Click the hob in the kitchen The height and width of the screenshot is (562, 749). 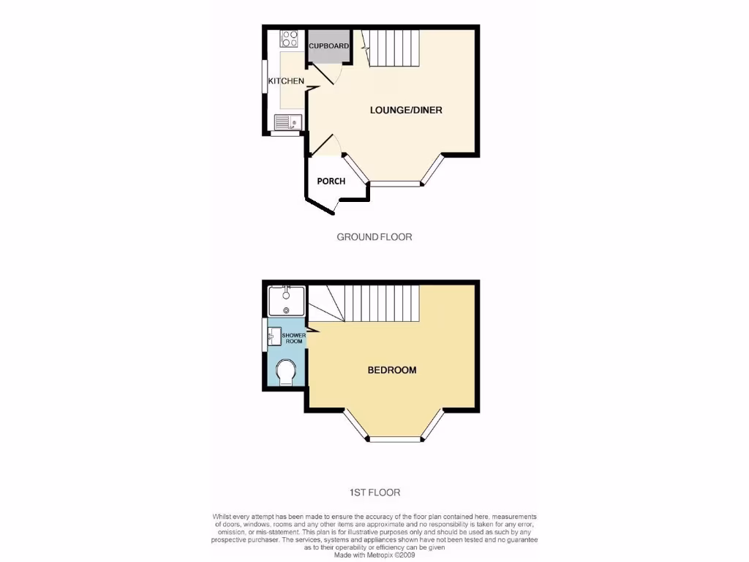click(x=288, y=38)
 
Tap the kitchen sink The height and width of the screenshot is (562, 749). click(x=287, y=122)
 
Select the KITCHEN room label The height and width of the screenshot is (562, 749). click(x=286, y=80)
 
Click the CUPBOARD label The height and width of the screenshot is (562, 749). click(x=328, y=46)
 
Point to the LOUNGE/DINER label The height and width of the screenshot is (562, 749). click(x=406, y=110)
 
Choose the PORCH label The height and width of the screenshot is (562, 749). click(x=331, y=181)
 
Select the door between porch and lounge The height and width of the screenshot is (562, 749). click(x=325, y=145)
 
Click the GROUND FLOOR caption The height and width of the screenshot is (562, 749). click(x=374, y=237)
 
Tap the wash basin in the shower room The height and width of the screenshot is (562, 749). click(x=276, y=338)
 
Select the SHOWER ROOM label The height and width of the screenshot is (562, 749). click(x=293, y=338)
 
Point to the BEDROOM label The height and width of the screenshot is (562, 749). click(x=391, y=370)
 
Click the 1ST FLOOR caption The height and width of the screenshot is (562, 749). click(x=374, y=492)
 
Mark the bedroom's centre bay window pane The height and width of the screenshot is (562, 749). click(x=395, y=440)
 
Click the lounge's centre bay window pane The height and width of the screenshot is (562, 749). click(x=395, y=183)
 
